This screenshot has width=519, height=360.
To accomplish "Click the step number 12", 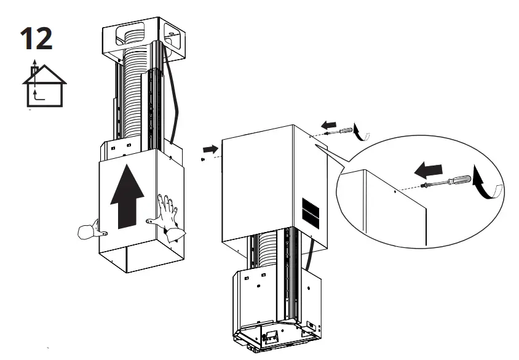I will coord(36,38).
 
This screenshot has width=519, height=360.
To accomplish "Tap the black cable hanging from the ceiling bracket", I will coord(176,98).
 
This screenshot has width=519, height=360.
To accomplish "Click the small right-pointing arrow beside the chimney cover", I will coord(209,149).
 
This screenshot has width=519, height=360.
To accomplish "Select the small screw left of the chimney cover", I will coord(203,159).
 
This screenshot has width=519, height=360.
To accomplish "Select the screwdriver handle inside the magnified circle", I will coord(461,180).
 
